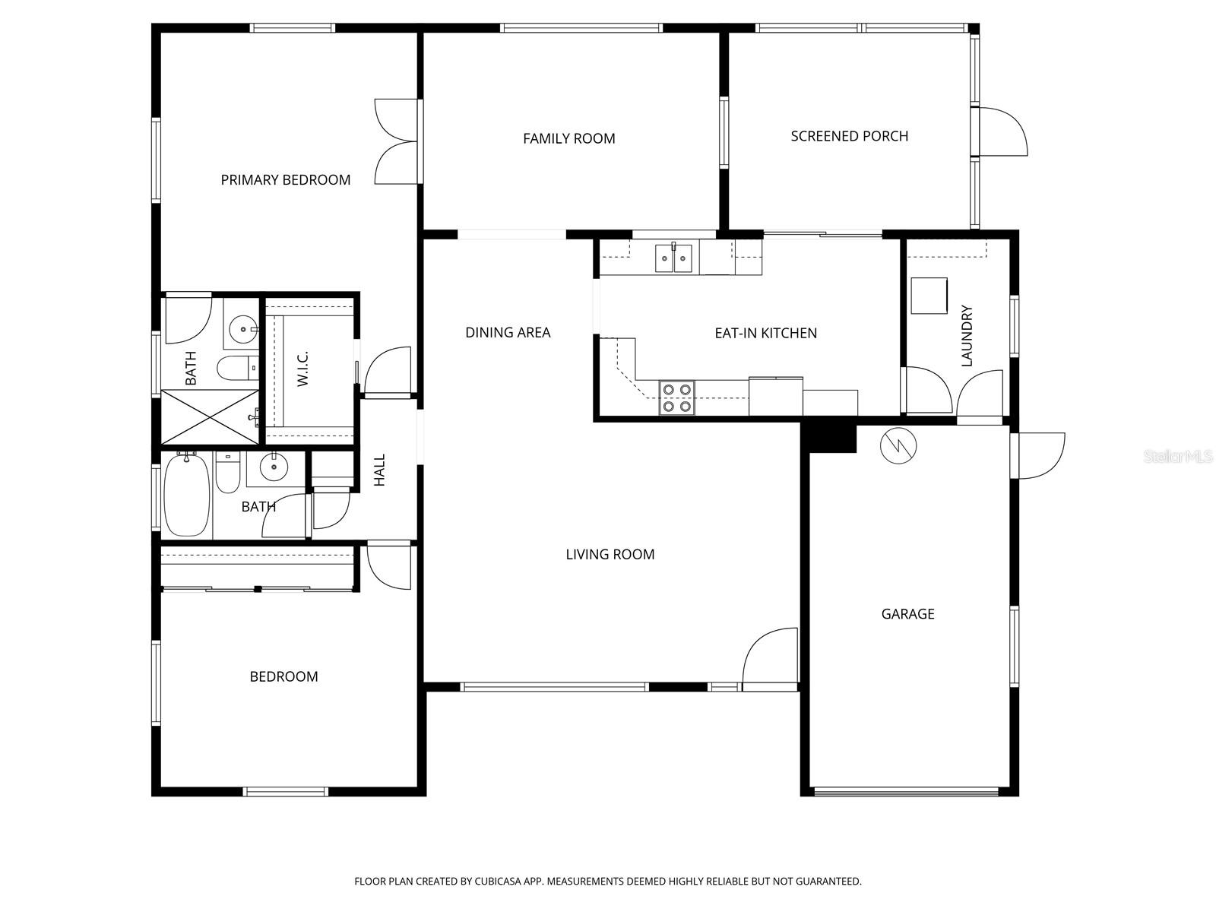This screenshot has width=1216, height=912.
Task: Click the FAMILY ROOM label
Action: pyautogui.click(x=568, y=138)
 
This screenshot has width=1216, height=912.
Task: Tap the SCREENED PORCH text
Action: pyautogui.click(x=849, y=136)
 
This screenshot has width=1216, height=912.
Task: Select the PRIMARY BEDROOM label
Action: pyautogui.click(x=285, y=180)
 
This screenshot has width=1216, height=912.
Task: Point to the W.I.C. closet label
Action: pyautogui.click(x=302, y=369)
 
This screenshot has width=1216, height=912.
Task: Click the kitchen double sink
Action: pyautogui.click(x=673, y=258)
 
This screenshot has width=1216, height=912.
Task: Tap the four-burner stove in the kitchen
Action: pyautogui.click(x=676, y=397)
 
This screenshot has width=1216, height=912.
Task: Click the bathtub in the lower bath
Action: pyautogui.click(x=186, y=495)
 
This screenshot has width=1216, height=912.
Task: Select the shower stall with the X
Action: pyautogui.click(x=211, y=416)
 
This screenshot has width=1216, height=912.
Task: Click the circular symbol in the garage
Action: pyautogui.click(x=898, y=446)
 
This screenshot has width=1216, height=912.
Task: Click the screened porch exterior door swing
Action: pyautogui.click(x=1003, y=132)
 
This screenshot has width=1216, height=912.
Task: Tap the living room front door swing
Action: pyautogui.click(x=771, y=658)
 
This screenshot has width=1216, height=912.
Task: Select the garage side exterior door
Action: pyautogui.click(x=1039, y=455)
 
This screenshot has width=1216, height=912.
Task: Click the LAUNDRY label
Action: pyautogui.click(x=967, y=336)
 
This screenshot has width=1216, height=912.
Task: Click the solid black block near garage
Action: pyautogui.click(x=829, y=436)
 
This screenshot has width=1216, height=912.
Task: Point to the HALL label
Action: pyautogui.click(x=379, y=470)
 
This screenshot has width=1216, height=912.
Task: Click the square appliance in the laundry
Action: pyautogui.click(x=929, y=296)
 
